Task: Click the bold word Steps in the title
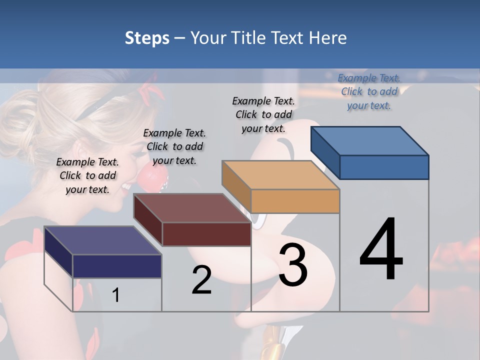click(147, 38)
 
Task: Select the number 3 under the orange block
click(293, 265)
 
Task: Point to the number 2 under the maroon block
click(201, 280)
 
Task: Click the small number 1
click(116, 295)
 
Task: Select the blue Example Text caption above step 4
click(369, 91)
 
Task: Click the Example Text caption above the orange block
click(263, 114)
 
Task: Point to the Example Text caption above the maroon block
click(174, 146)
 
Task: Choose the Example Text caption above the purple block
click(87, 175)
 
